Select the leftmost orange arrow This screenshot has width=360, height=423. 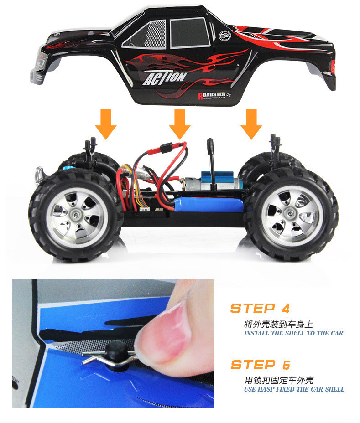point(106,124)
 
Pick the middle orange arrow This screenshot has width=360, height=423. point(180,124)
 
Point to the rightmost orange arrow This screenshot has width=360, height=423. point(251,124)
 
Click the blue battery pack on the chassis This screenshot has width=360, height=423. point(209,204)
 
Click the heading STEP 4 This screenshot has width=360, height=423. point(260,308)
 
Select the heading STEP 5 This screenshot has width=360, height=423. point(261,365)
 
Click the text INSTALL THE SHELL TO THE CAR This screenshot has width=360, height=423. point(293,334)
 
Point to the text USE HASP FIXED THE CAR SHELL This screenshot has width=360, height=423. point(294,390)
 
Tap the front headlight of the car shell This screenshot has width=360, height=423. point(40,62)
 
